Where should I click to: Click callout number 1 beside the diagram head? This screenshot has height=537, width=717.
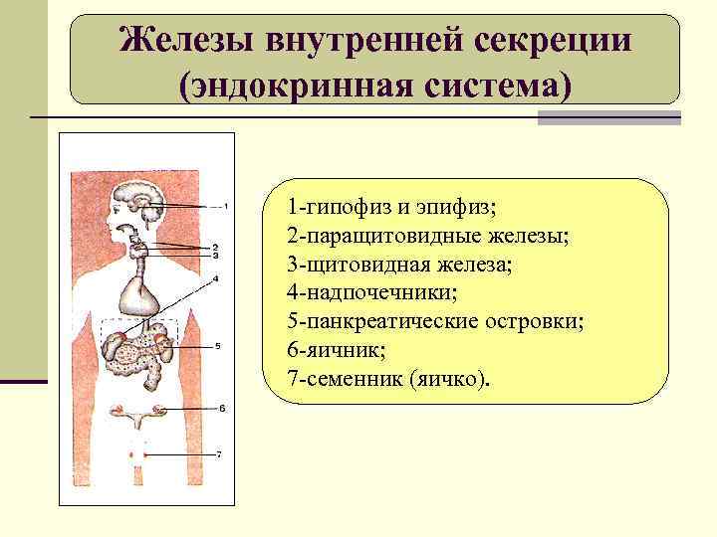[226, 207]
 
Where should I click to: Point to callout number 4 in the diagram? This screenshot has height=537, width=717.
[215, 278]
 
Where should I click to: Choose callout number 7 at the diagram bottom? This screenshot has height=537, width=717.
[218, 453]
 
